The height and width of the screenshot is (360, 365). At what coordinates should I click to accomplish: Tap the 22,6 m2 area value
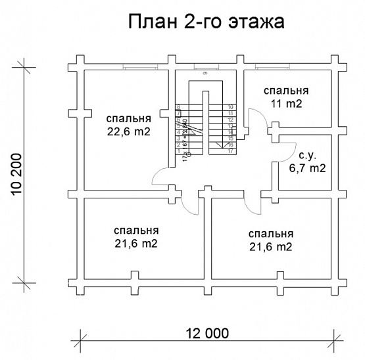coord(129,131)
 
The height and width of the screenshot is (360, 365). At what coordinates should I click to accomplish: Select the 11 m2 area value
coord(285,103)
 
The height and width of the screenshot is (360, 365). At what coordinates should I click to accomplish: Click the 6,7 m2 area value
coord(308,168)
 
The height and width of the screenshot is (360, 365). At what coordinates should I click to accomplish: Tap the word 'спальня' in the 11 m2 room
coord(285,91)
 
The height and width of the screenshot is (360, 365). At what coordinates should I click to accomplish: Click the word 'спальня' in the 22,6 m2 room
coord(129,119)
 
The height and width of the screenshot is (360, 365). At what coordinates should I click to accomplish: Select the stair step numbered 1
coord(179,151)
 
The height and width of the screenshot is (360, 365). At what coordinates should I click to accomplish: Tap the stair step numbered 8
coord(179,106)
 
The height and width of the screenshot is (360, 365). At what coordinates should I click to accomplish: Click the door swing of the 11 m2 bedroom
coord(260,122)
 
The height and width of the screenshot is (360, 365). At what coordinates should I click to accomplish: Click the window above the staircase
coord(205,66)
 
